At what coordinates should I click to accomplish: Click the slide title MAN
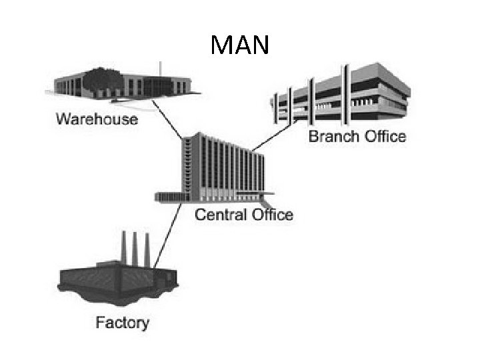239,45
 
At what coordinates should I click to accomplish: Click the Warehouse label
97,120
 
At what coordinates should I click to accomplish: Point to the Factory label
122,323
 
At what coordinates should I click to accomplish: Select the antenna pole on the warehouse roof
161,69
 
